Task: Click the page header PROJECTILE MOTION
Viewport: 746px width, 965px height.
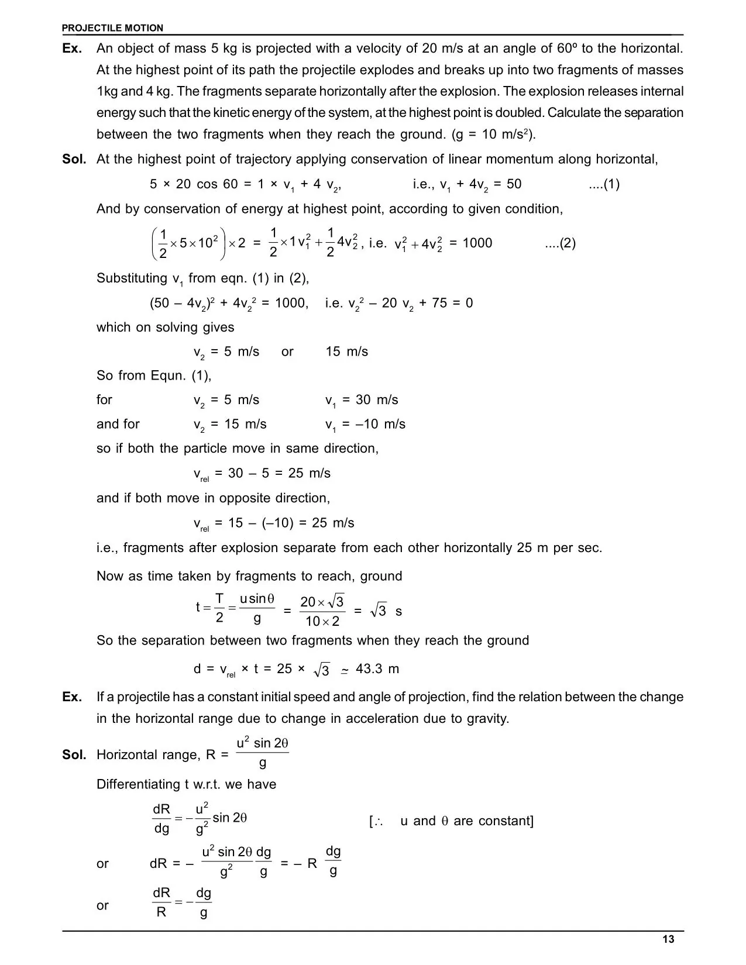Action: click(112, 28)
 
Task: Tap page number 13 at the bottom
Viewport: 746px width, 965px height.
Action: click(668, 939)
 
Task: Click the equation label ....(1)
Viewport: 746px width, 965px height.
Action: click(604, 184)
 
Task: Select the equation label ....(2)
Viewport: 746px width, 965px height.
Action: click(560, 243)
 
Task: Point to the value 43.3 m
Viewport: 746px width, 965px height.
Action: click(377, 668)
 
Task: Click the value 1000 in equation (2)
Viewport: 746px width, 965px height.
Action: click(477, 243)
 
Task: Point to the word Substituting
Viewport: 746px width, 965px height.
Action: click(132, 278)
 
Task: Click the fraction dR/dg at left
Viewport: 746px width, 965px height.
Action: click(161, 819)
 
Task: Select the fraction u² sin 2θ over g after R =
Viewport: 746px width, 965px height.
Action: click(262, 753)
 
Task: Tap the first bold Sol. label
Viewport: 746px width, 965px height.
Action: click(74, 160)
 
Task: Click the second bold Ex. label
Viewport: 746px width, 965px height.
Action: click(72, 697)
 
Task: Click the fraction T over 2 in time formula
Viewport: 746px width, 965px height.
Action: click(219, 608)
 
